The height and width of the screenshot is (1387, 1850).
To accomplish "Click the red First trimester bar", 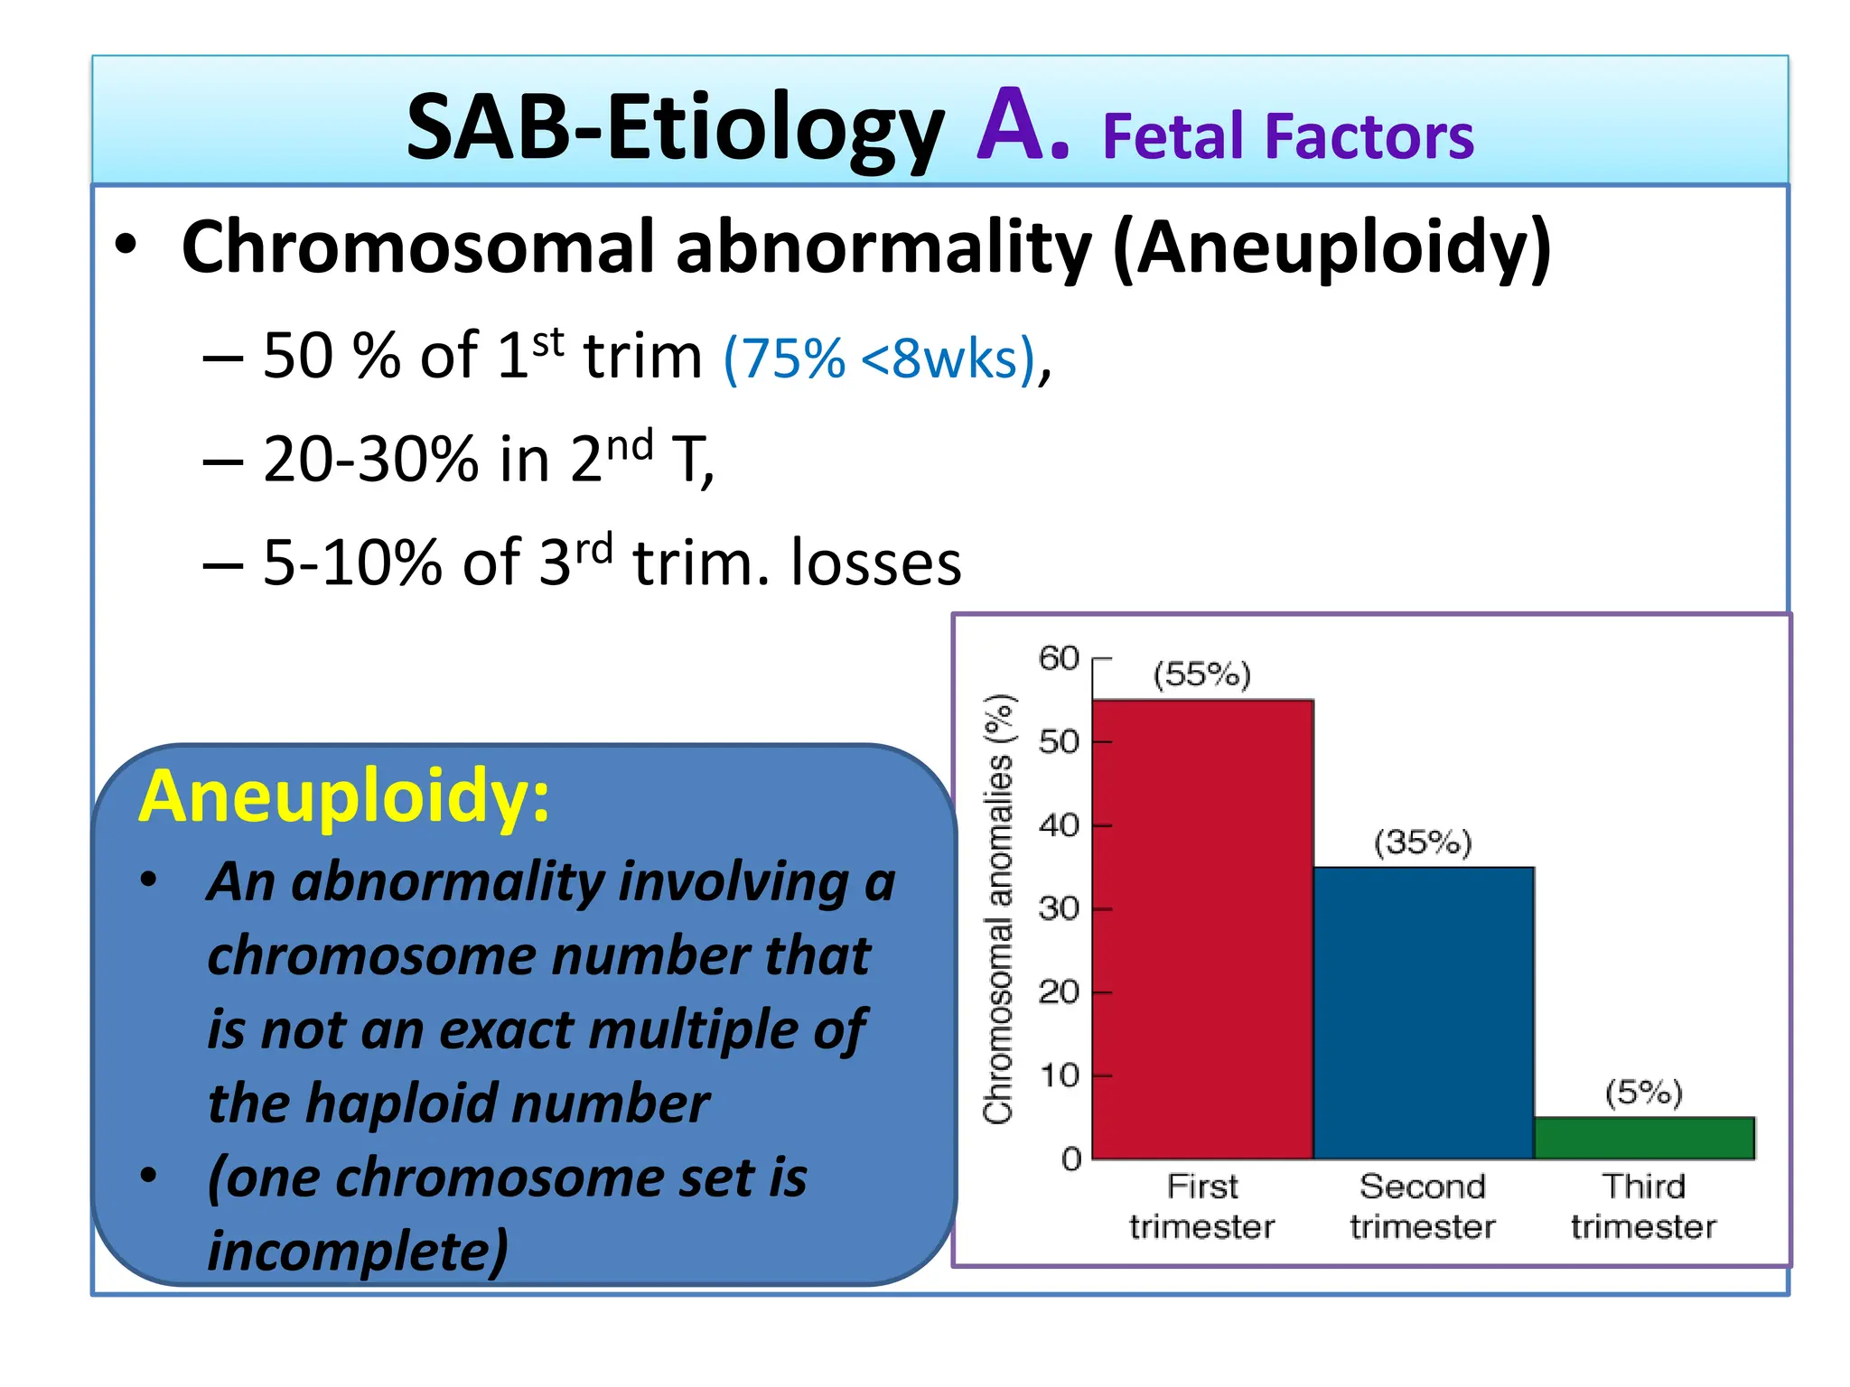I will click(1202, 930).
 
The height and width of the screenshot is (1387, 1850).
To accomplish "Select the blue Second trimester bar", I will click(1424, 1013).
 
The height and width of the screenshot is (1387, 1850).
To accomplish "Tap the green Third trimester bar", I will click(1644, 1139).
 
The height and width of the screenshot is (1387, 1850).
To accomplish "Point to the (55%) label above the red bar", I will click(1202, 675).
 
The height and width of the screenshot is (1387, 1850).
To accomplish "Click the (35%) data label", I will click(1423, 842).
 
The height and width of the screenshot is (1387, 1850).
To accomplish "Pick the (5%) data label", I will click(1644, 1093).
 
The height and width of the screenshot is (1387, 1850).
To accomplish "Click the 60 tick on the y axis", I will click(1059, 658).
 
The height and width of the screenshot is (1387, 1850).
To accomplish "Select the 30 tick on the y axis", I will click(1059, 908).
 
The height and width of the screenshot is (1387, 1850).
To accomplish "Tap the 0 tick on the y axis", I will click(1071, 1159).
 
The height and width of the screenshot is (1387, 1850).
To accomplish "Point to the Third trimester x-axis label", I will click(1644, 1206).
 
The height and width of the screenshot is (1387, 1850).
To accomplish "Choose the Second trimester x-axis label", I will click(1423, 1206).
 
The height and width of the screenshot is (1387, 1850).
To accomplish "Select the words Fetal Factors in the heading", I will click(1288, 137).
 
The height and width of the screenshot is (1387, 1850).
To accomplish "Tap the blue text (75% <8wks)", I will click(879, 358).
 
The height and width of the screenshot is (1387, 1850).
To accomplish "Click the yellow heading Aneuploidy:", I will click(344, 796).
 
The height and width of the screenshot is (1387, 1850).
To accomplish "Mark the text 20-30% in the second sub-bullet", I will click(370, 460).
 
